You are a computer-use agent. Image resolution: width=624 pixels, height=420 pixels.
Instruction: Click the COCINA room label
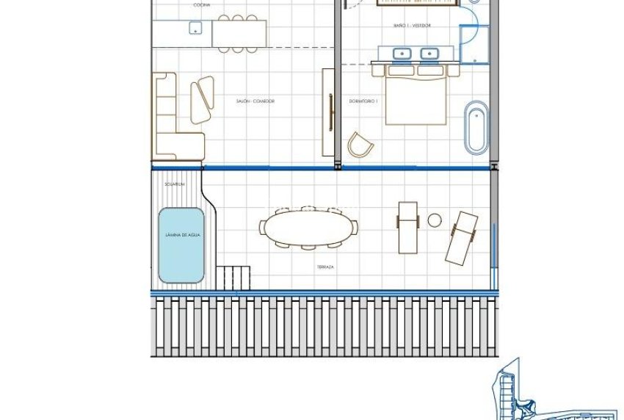[x=201, y=5]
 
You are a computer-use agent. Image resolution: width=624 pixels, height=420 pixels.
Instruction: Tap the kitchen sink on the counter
[x=195, y=28]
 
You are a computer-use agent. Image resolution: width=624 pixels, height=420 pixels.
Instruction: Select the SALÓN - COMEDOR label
[x=255, y=101]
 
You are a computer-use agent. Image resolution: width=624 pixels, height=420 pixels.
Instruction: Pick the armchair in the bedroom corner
[x=360, y=145]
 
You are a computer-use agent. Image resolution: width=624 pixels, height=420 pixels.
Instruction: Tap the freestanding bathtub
[x=476, y=128]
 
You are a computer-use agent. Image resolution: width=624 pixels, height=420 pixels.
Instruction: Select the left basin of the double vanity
[x=402, y=53]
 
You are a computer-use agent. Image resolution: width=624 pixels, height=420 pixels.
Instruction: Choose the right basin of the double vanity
[x=429, y=53]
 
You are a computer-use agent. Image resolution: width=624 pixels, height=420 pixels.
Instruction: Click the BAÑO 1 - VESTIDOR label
[x=411, y=26]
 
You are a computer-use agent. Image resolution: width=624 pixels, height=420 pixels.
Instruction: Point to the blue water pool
[x=181, y=246]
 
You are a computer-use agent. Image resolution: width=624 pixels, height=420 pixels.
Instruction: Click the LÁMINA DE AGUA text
[x=181, y=235]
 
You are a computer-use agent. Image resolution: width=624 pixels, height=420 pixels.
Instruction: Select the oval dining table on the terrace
[x=306, y=228]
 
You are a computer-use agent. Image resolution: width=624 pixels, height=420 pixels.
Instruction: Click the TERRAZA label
[x=326, y=267]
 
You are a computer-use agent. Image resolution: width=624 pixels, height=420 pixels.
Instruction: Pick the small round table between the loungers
[x=435, y=220]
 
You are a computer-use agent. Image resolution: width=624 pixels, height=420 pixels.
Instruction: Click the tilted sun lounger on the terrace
[x=462, y=237]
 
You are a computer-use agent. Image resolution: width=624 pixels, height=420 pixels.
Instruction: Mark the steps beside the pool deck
[x=233, y=278]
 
